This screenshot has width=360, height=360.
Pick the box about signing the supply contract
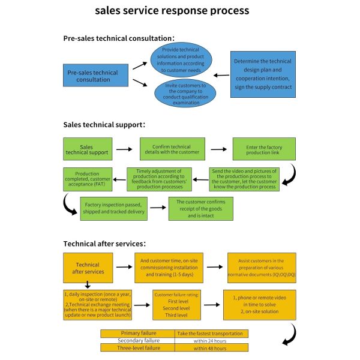coord(263,74)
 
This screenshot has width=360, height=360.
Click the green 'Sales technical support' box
coord(88,149)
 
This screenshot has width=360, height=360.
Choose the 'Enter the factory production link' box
coord(263,149)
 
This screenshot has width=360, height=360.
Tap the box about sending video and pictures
coord(244,179)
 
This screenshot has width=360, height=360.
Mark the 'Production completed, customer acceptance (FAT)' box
coord(88,179)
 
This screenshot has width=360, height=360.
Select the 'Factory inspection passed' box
coord(113,208)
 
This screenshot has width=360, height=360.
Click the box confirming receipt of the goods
coord(200,208)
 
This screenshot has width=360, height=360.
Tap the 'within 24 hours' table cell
coord(211,340)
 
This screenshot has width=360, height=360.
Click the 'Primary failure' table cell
coord(137,333)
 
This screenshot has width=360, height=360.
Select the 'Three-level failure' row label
coord(137,347)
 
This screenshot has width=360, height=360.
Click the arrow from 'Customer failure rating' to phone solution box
coord(210,304)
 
